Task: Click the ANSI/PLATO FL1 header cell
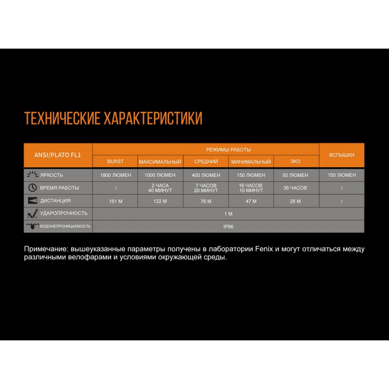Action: pos(58,155)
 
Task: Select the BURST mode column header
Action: pos(115,161)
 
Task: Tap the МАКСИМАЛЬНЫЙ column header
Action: pos(160,161)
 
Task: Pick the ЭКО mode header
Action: pos(295,161)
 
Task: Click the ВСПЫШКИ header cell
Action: pos(342,155)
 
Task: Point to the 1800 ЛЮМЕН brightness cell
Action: pos(116,175)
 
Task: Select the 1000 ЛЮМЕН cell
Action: pos(160,175)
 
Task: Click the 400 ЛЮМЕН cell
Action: pos(206,175)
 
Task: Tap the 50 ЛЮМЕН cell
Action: pos(295,175)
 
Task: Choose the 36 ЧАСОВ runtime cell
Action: pos(295,188)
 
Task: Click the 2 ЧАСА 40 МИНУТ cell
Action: pos(160,188)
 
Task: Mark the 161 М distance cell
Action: pos(116,201)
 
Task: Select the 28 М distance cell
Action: pos(295,201)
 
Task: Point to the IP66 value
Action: pos(228,226)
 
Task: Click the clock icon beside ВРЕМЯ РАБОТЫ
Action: pos(33,188)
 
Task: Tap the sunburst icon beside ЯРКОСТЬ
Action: pos(32,175)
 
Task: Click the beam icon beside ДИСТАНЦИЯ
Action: pos(33,201)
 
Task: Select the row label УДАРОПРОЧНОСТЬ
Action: pos(64,214)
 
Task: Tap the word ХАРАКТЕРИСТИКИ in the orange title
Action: pos(152,118)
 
